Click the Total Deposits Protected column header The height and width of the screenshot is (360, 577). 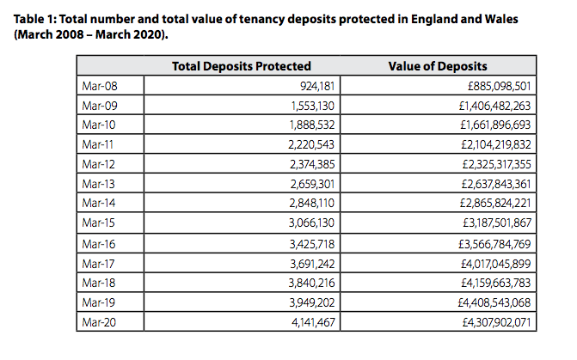242,66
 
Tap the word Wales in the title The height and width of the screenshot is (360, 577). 537,20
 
